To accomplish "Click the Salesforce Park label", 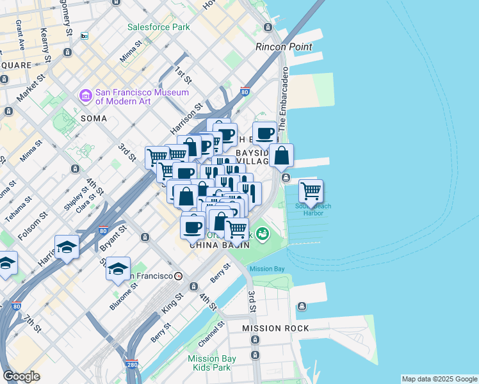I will pyautogui.click(x=159, y=28).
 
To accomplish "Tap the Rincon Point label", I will pyautogui.click(x=284, y=47).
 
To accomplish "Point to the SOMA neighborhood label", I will pyautogui.click(x=94, y=118).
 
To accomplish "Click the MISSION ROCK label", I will pyautogui.click(x=275, y=328).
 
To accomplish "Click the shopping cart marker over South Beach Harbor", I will pyautogui.click(x=311, y=191).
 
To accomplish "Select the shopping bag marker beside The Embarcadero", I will pyautogui.click(x=281, y=155).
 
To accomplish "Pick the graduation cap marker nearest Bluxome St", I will pyautogui.click(x=118, y=269).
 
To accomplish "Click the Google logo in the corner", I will pyautogui.click(x=21, y=376).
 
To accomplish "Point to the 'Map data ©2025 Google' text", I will pyautogui.click(x=439, y=379).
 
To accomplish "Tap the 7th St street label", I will pyautogui.click(x=33, y=323).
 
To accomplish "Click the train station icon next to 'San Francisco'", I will pyautogui.click(x=179, y=276).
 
